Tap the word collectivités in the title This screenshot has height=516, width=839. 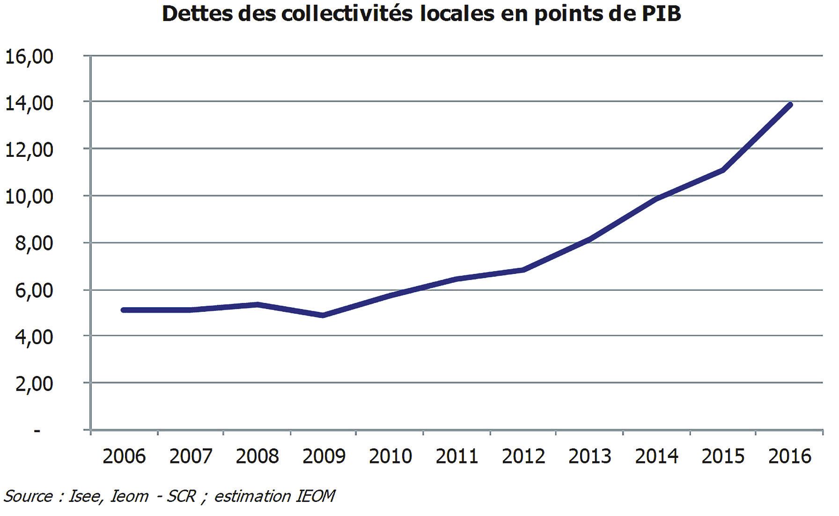(x=347, y=14)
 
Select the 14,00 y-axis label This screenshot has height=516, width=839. (x=29, y=103)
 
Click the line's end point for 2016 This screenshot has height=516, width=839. (x=790, y=105)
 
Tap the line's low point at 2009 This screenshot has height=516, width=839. (x=323, y=315)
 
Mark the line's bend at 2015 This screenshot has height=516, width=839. (x=723, y=170)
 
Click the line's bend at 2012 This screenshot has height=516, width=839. (x=523, y=270)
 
